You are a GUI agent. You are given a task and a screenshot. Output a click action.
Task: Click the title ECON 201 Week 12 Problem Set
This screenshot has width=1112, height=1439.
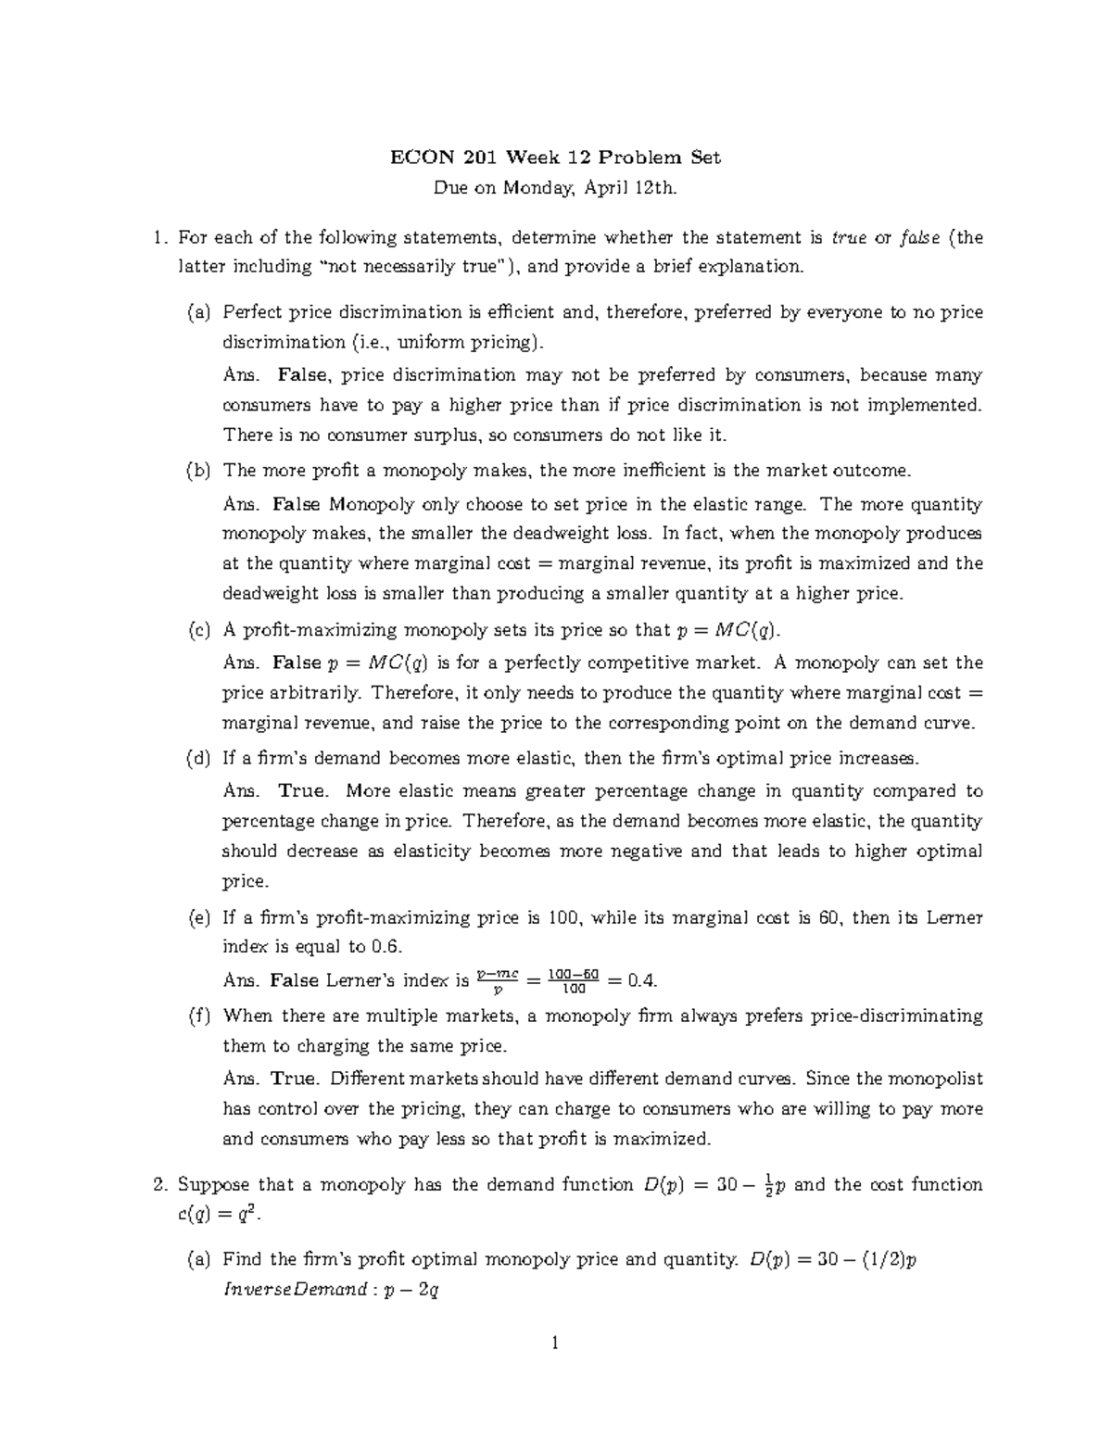click(x=555, y=158)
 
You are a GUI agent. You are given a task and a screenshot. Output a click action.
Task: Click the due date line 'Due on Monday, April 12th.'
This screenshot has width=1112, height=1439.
click(x=555, y=189)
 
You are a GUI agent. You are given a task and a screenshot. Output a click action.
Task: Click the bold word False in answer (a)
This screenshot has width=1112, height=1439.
click(x=302, y=375)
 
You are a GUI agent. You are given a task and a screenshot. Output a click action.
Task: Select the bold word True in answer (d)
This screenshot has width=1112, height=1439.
click(x=302, y=791)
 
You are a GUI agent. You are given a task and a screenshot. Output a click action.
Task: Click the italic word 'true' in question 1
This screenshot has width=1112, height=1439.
click(x=850, y=238)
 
